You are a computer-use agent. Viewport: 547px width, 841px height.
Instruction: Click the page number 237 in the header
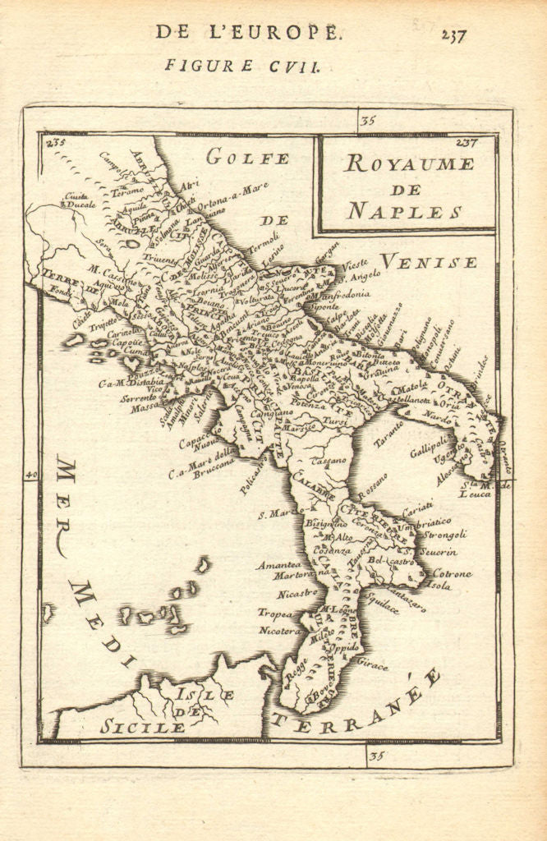(x=453, y=35)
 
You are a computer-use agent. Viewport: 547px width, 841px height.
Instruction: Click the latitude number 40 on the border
(x=32, y=475)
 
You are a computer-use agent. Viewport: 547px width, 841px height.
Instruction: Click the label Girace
(x=373, y=666)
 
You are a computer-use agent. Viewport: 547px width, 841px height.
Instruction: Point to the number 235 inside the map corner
(x=57, y=143)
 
